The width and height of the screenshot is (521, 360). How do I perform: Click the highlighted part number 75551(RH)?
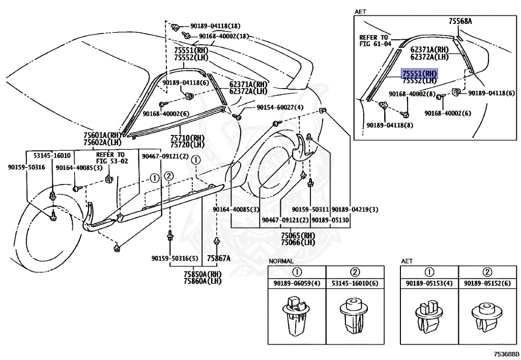(x=420, y=73)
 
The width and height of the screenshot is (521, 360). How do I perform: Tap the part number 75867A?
(x=218, y=258)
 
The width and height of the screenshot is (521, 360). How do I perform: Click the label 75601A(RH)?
(x=103, y=135)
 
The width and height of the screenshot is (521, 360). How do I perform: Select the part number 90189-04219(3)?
(x=355, y=209)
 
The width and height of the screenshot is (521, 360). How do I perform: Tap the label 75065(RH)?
(x=298, y=236)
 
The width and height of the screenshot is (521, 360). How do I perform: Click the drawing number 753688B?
(x=505, y=353)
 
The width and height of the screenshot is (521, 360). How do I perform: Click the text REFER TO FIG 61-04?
(x=375, y=41)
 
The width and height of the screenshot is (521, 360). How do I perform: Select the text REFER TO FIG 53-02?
(x=110, y=157)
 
